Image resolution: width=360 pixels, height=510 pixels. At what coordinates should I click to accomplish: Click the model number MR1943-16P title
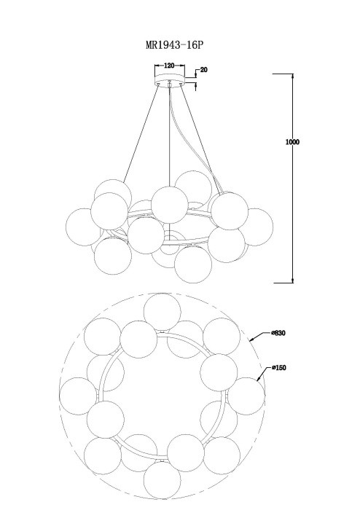pos(174,44)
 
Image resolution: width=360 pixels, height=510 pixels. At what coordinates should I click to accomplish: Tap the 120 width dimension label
pos(169,66)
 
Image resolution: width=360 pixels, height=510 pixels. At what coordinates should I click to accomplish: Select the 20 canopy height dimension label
pos(204,70)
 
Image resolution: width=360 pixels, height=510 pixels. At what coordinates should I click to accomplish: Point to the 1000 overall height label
pos(292,142)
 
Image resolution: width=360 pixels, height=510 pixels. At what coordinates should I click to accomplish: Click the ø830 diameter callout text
pos(278,333)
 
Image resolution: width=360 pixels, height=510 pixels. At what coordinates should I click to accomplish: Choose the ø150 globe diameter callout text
pos(278,368)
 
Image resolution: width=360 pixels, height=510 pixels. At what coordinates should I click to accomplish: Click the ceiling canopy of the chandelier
pos(169,79)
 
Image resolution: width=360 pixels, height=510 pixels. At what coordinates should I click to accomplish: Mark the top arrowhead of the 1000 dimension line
pos(293,76)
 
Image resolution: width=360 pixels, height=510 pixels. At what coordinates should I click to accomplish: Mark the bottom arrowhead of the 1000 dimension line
pos(293,280)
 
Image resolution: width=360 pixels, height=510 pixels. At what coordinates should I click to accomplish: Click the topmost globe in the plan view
pos(162,312)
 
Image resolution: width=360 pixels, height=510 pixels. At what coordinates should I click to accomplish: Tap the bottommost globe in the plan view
pos(163,479)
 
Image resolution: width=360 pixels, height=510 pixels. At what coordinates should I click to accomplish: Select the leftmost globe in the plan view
pos(78,396)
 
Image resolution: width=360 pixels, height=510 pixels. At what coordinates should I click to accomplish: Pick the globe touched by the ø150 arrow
pos(246,396)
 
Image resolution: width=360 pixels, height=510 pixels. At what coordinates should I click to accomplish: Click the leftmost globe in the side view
pos(84,227)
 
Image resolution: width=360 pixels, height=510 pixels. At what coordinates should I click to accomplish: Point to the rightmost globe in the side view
pos(255,227)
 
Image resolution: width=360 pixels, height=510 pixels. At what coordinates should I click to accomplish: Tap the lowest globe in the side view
pos(193,264)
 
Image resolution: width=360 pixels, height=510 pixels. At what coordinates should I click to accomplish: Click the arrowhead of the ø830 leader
pos(251,340)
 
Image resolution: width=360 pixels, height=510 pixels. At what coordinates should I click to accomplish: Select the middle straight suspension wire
pos(169,137)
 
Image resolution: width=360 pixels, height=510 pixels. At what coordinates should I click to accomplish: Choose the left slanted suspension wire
pos(141,133)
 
